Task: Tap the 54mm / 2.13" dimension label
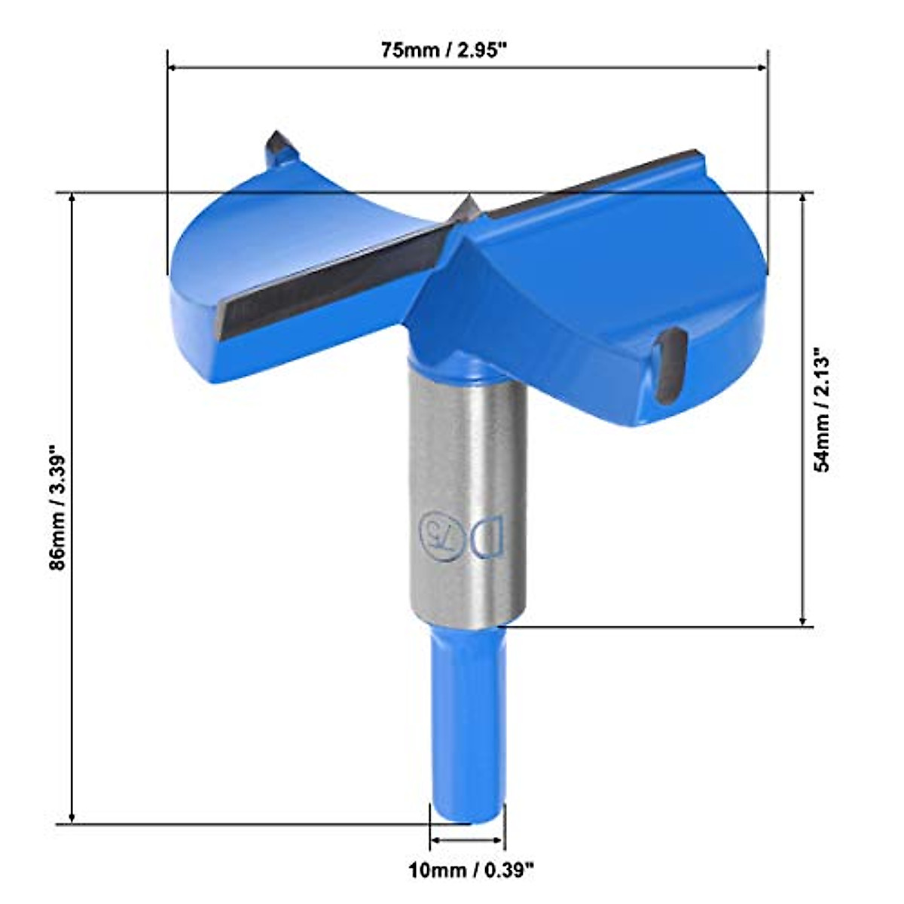pos(822,409)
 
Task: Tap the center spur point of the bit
pos(466,202)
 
